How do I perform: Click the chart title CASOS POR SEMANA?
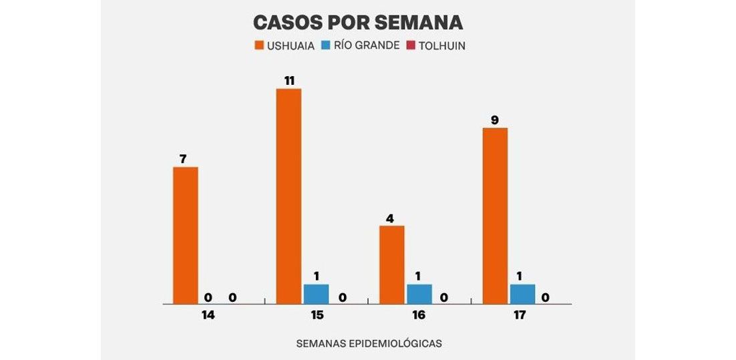[357, 22]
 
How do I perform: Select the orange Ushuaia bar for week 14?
[185, 235]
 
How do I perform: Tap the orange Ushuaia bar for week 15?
[289, 196]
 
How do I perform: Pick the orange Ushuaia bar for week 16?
[391, 264]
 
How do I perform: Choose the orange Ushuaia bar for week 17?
[495, 216]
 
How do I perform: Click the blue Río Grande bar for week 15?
[316, 294]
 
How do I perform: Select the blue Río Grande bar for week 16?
[419, 294]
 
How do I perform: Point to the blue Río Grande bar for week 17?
[522, 294]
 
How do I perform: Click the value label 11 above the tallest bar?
[289, 80]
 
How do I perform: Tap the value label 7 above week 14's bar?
[182, 159]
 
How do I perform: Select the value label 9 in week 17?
[495, 120]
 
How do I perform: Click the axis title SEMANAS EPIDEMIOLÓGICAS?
[369, 343]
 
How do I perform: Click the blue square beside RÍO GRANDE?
[327, 46]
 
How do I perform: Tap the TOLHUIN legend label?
[441, 46]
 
